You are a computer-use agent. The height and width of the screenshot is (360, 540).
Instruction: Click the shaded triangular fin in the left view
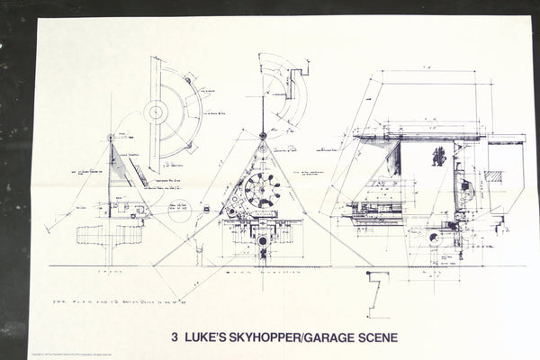(x=121, y=166)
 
